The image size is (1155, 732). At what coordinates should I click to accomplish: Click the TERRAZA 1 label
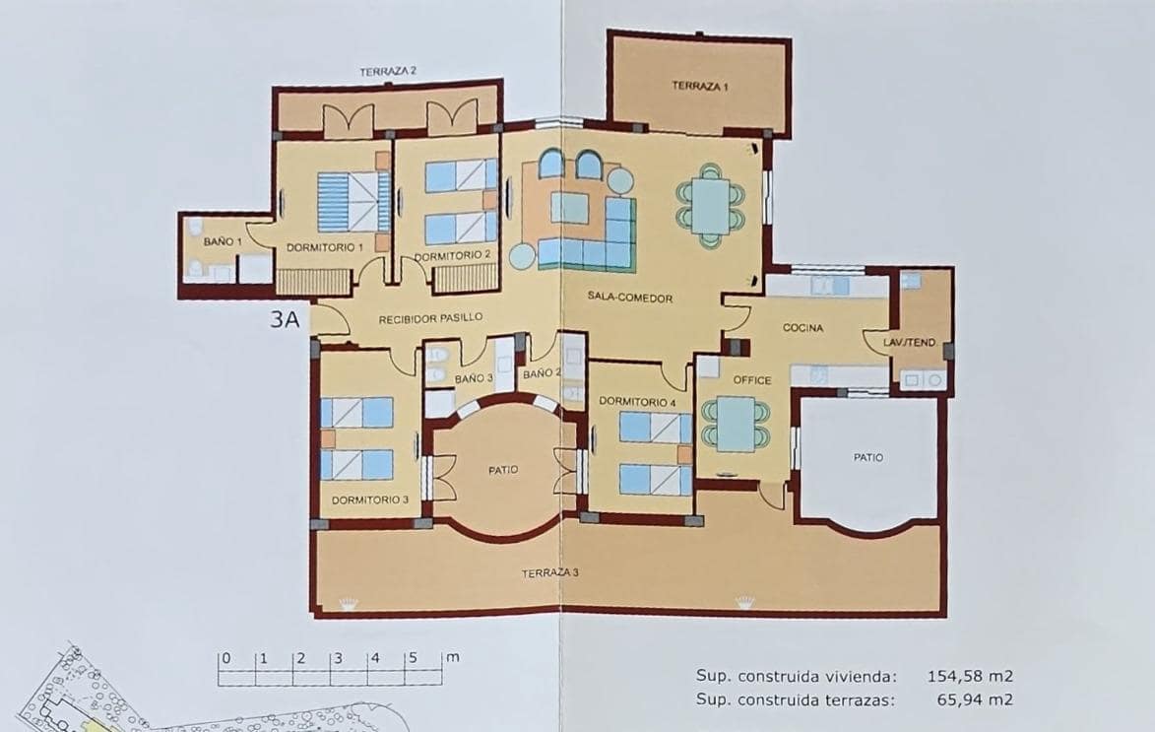point(700,86)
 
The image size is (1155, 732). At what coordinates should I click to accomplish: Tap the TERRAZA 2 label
point(388,71)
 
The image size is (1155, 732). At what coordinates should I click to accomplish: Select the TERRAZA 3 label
point(550,573)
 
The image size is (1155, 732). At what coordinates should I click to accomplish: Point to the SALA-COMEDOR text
point(630,298)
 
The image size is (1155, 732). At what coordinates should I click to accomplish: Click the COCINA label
point(802,328)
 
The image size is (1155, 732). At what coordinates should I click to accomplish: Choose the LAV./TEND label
point(909,343)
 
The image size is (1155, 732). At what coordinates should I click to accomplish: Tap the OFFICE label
point(752,380)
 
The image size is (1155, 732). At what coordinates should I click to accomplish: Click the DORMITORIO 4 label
point(637,402)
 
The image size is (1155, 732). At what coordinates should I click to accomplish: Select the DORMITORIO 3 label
point(369,500)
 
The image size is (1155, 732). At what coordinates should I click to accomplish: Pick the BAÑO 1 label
point(219,241)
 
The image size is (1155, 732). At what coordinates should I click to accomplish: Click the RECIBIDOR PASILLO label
point(431,318)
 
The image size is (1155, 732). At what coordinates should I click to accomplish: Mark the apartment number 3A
point(286,318)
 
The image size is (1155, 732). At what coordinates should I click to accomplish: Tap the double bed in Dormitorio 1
point(353,201)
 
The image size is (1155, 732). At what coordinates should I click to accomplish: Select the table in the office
point(736,423)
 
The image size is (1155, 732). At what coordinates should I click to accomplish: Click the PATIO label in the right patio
point(867,457)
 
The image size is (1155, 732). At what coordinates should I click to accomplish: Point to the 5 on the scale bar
point(413,658)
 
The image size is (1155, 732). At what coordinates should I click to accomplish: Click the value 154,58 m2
point(970,676)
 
